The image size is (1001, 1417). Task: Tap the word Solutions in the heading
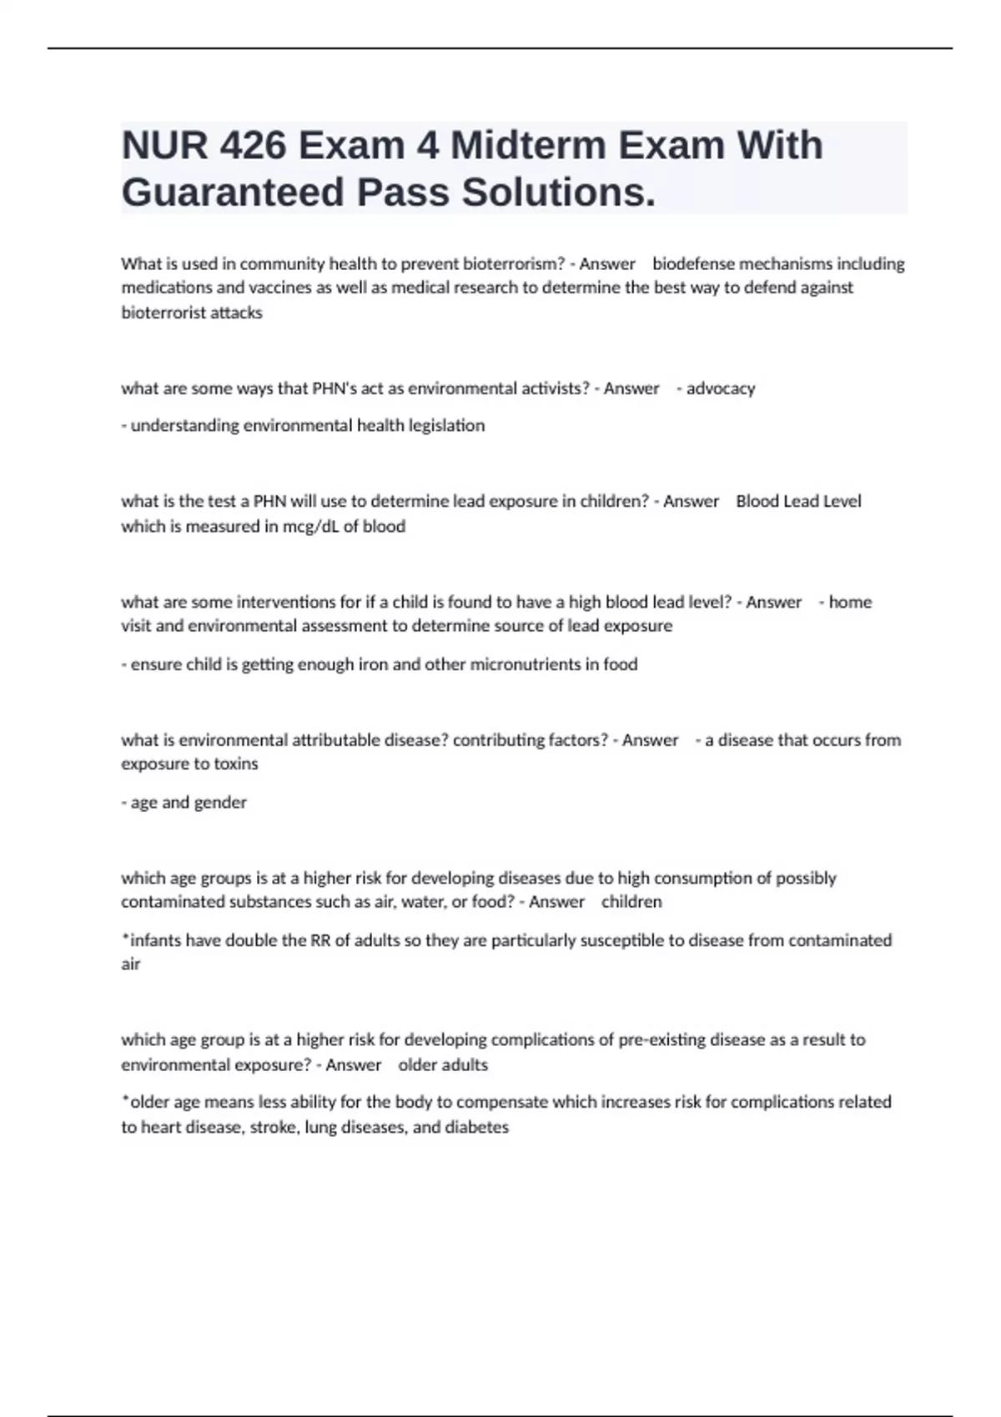click(x=557, y=193)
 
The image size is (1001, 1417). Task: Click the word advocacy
click(x=721, y=388)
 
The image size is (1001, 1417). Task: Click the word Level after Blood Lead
click(x=842, y=502)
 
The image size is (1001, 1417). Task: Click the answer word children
click(x=631, y=902)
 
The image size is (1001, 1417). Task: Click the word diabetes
click(x=477, y=1128)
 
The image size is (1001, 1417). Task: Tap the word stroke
click(x=273, y=1128)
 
